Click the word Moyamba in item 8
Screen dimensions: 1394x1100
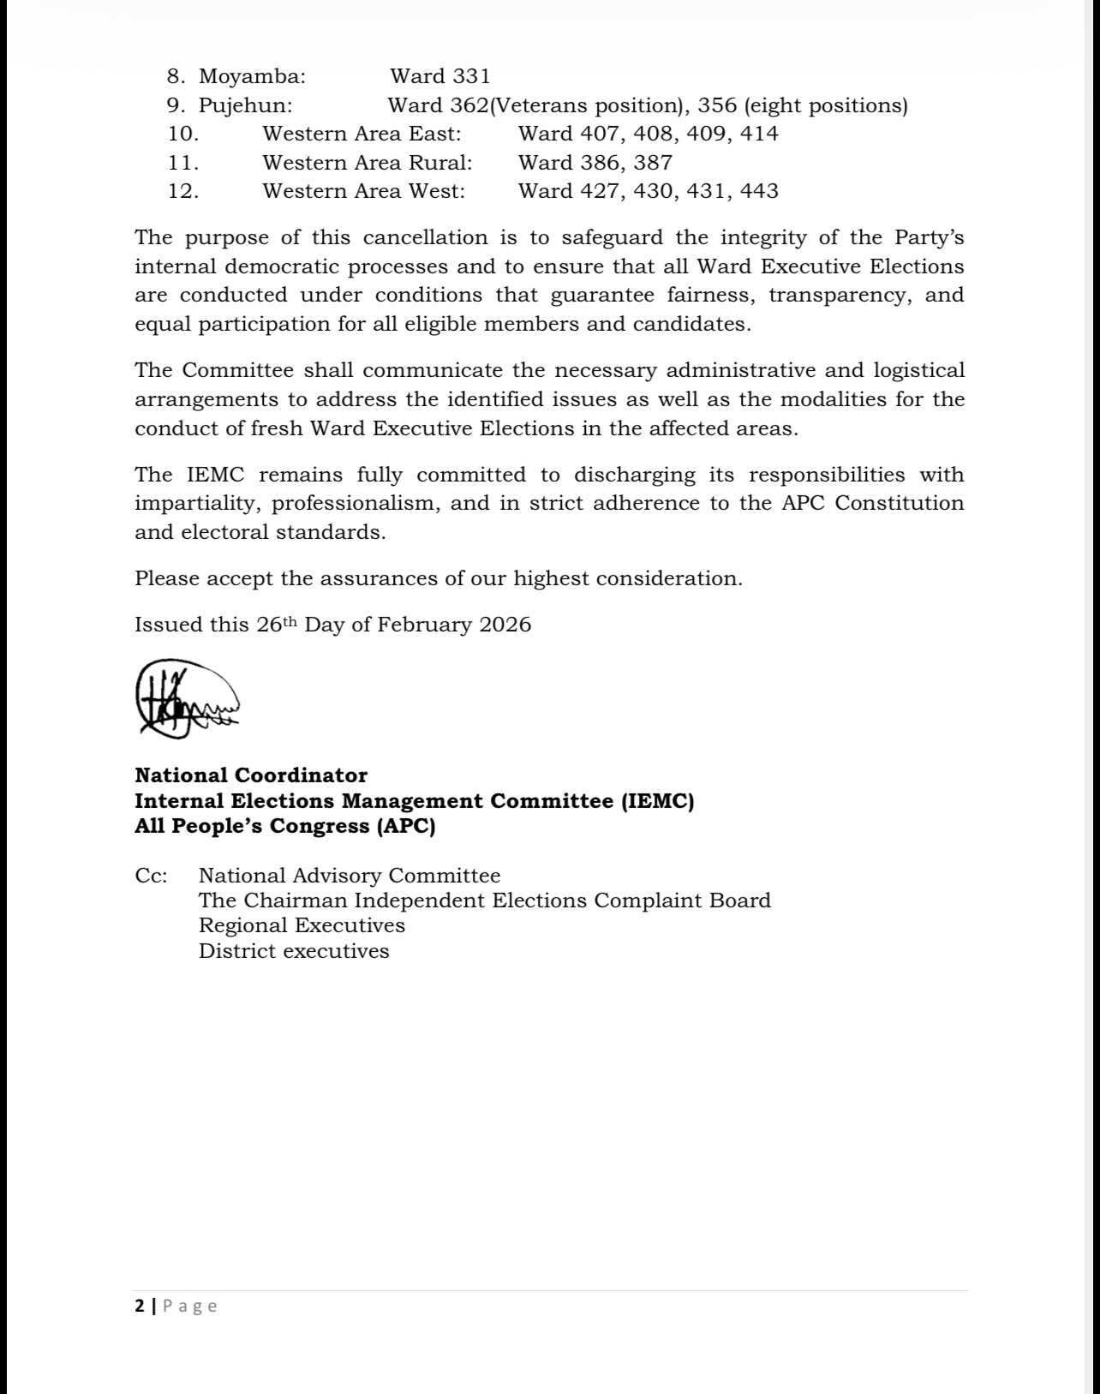[251, 76]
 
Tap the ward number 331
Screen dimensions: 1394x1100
[471, 76]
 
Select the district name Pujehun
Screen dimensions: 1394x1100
[245, 105]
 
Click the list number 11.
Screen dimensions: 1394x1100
[183, 163]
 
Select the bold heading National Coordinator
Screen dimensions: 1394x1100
[251, 775]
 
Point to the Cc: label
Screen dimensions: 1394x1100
[151, 876]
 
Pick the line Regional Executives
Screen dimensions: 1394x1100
[302, 925]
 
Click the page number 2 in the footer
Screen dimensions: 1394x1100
[140, 1306]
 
